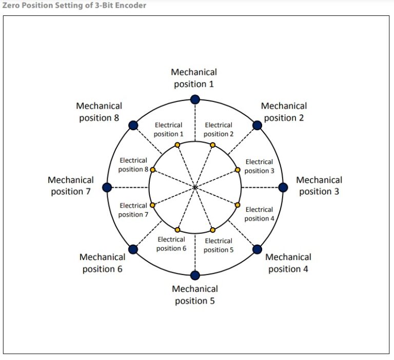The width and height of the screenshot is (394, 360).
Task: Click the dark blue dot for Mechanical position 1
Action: coord(195,99)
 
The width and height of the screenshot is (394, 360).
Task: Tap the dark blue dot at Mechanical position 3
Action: coord(283,187)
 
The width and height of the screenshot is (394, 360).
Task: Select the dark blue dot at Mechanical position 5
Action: coord(195,275)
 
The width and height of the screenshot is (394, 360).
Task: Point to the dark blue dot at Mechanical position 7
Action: coord(107,187)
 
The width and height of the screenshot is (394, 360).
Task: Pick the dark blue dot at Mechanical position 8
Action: coord(133,125)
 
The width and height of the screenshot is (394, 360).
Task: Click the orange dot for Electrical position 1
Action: coord(178,145)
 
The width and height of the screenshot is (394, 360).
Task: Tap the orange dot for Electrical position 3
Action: coord(238,170)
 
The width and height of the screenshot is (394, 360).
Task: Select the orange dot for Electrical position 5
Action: coord(213,230)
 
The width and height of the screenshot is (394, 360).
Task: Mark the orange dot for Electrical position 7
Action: coord(152,205)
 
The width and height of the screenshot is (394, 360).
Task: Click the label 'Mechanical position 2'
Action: coord(284,112)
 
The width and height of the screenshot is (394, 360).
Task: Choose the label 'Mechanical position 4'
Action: coord(288,263)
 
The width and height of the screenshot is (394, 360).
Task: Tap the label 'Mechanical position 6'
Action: coord(102,263)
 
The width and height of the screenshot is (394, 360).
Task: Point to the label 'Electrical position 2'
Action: coord(219,129)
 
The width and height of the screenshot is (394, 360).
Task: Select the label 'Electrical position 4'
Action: coord(259,214)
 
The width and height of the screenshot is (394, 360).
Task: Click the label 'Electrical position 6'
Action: coord(171,244)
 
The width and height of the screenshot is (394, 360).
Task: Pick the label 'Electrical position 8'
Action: coord(133,165)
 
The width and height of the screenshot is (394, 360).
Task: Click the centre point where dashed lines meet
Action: coord(195,187)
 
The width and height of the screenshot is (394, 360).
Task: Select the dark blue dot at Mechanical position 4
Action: coord(257,249)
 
